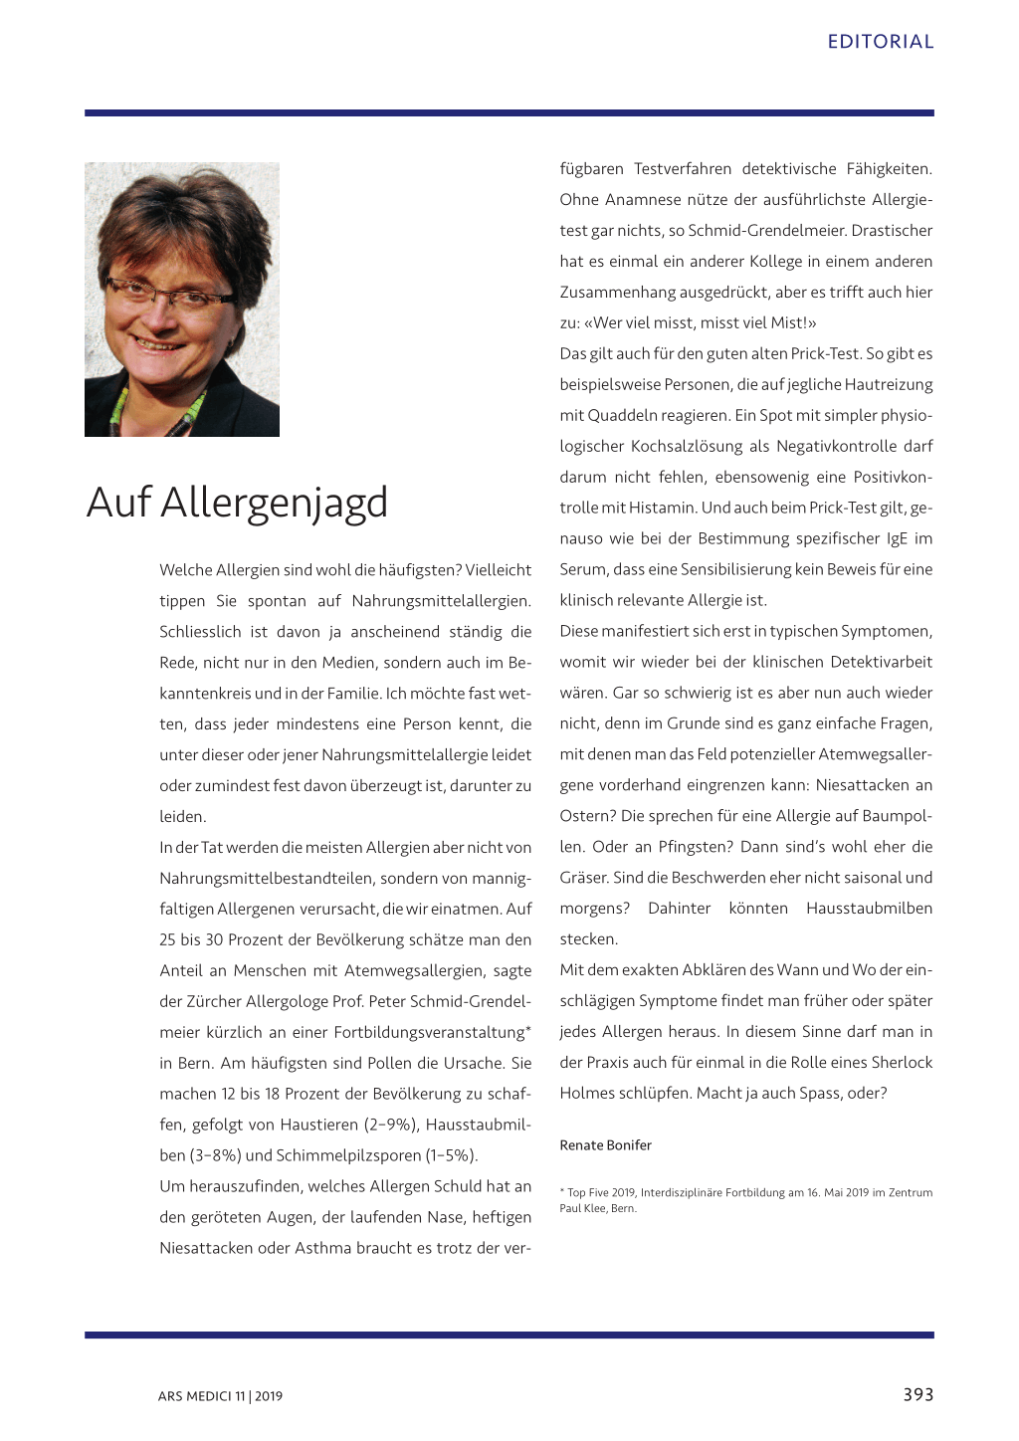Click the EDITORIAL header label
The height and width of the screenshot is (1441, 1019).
(880, 42)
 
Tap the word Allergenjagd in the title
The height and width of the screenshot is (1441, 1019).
(274, 503)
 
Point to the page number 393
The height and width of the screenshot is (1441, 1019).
(917, 1394)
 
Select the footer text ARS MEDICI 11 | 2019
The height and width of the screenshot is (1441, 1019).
(220, 1396)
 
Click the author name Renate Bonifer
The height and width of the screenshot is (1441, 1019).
(605, 1145)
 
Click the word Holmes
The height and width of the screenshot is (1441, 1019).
(587, 1093)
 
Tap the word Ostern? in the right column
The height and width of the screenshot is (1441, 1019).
(587, 816)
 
